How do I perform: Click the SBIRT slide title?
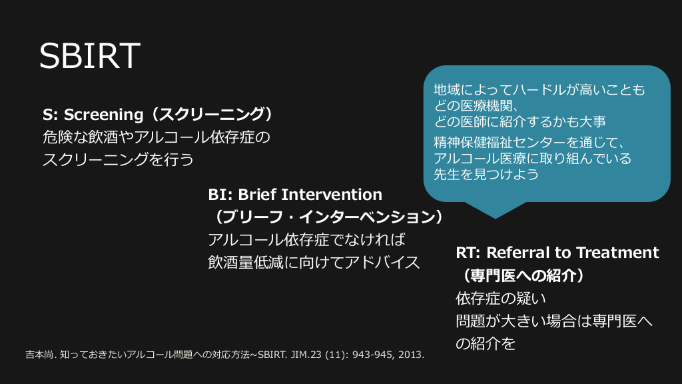(x=90, y=56)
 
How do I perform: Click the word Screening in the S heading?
(x=103, y=115)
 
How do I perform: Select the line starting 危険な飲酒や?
(x=157, y=137)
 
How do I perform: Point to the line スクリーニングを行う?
(x=119, y=160)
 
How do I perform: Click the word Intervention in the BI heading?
(x=332, y=194)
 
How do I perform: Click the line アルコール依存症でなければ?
(x=306, y=239)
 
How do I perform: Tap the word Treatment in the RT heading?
(x=617, y=253)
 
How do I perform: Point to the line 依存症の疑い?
(x=501, y=298)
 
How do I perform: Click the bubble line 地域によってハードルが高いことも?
(x=539, y=90)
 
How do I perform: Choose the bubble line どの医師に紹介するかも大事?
(x=519, y=121)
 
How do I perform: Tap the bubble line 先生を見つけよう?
(x=486, y=174)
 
